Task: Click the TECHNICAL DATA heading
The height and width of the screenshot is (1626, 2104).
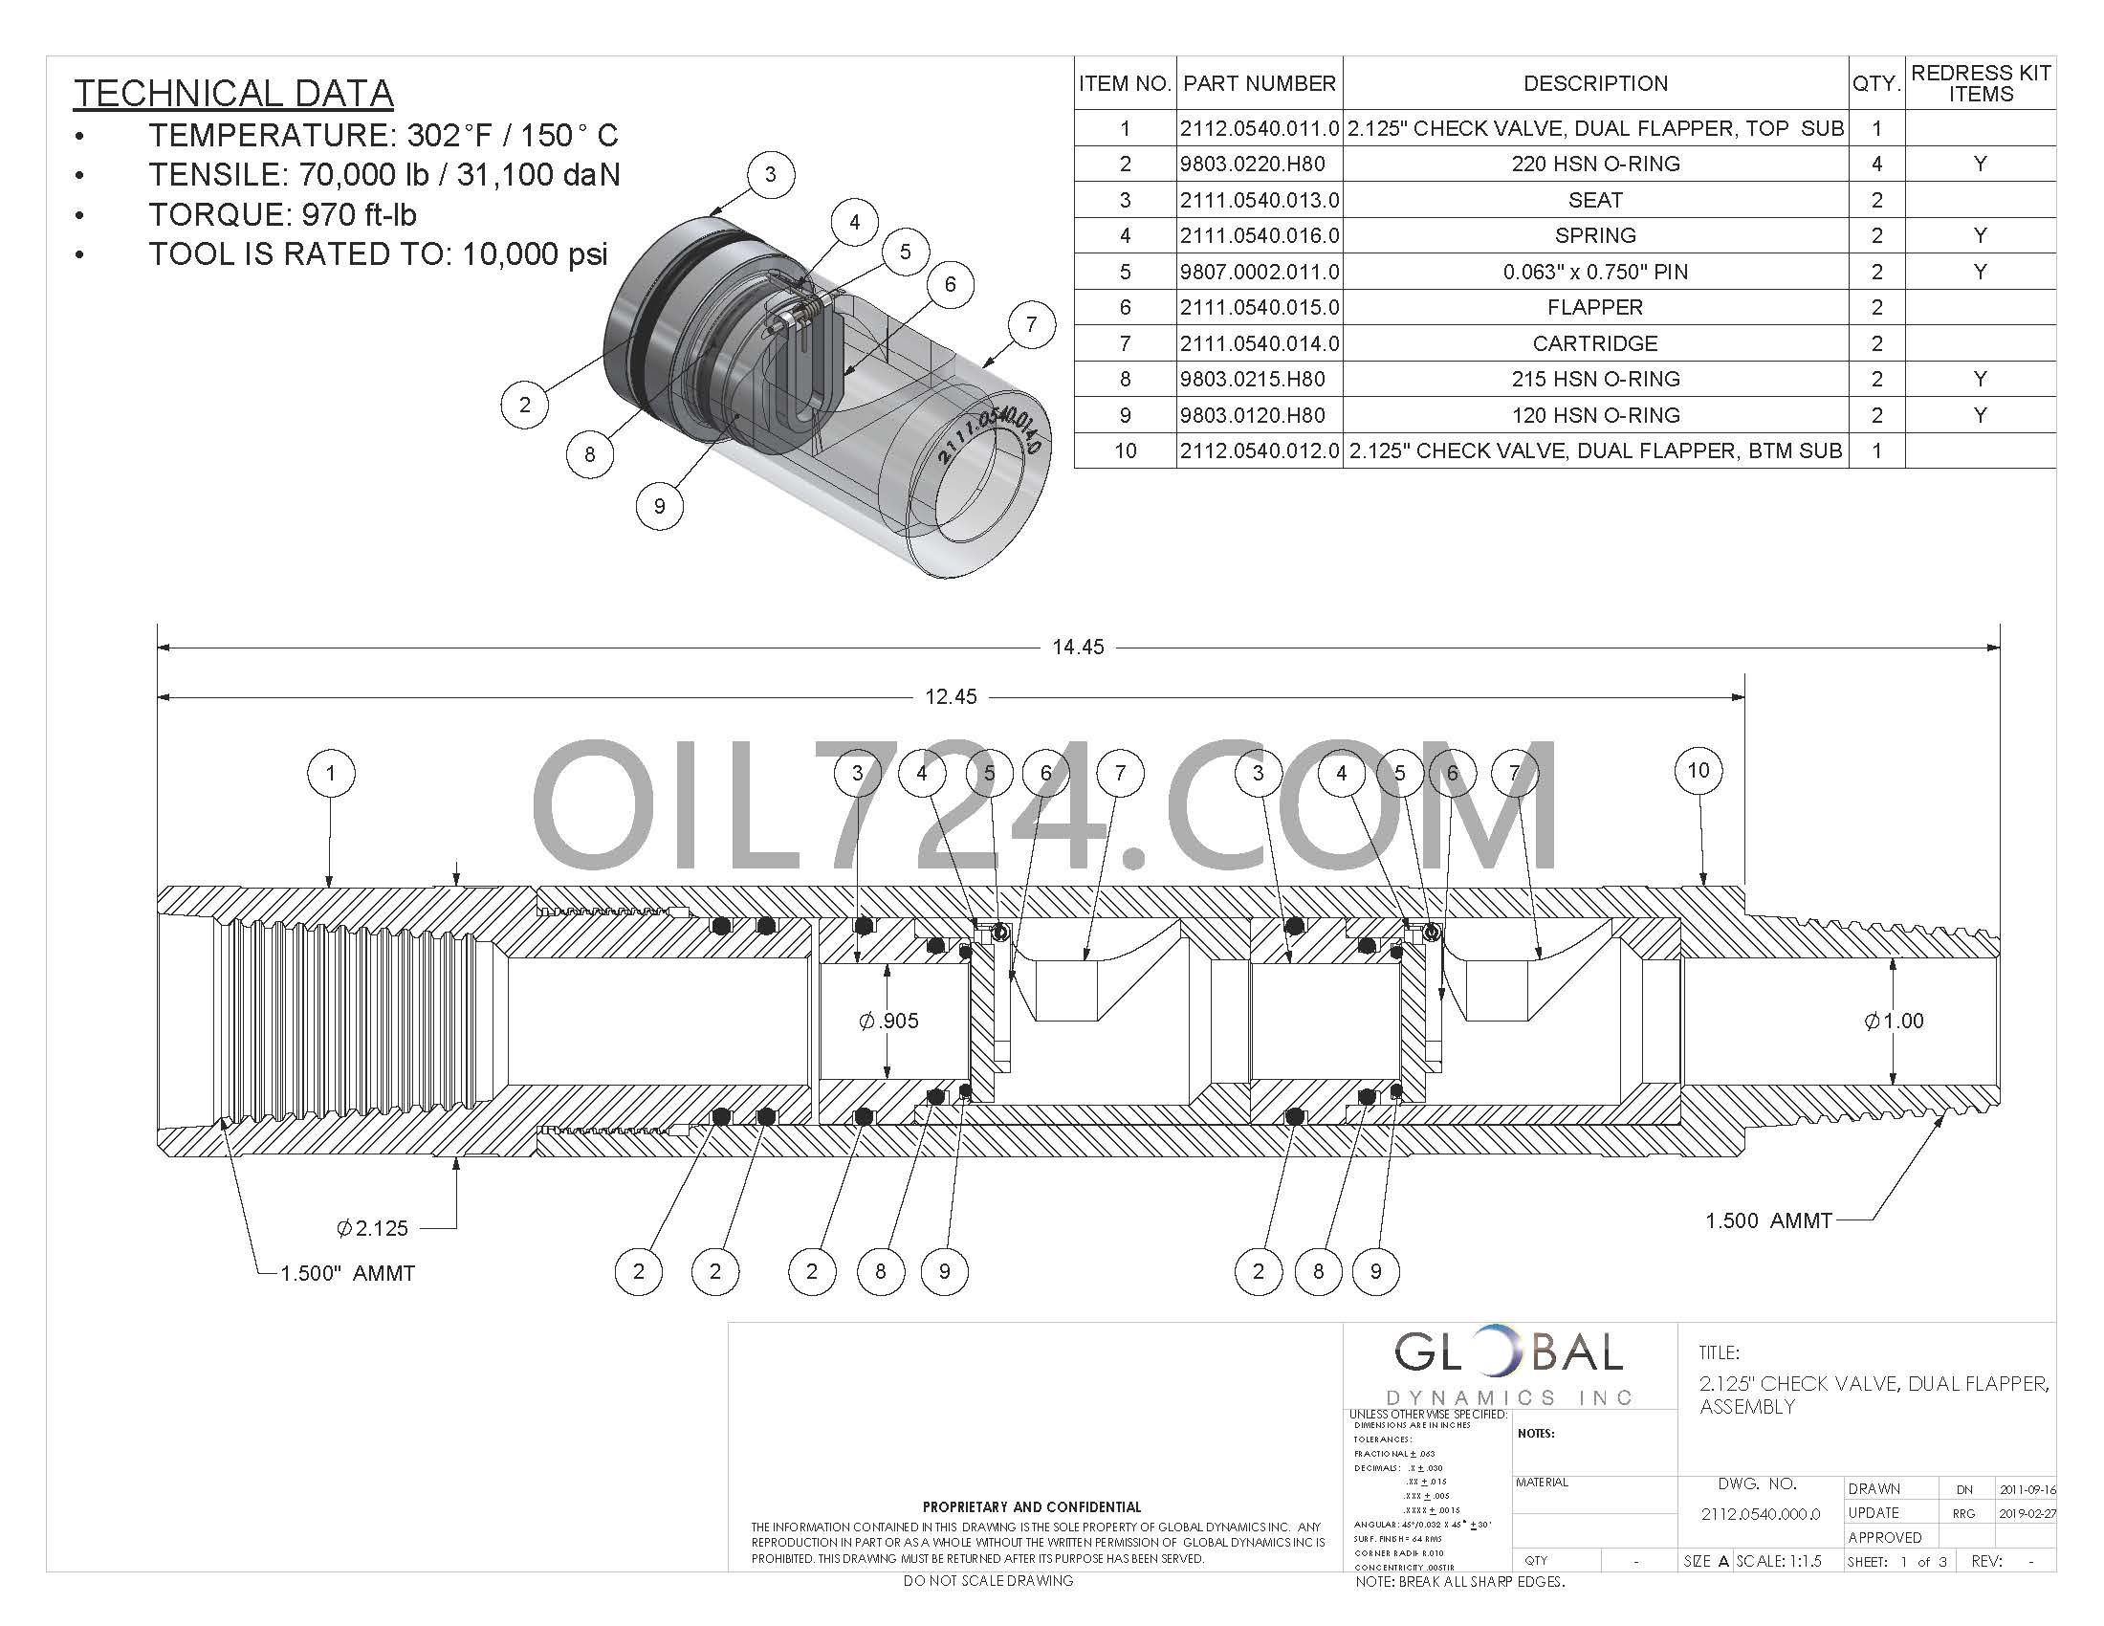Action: tap(233, 94)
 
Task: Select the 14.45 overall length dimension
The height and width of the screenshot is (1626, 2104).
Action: tap(1077, 648)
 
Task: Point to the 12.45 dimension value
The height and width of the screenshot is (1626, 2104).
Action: tap(950, 696)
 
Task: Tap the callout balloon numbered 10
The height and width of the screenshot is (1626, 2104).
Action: tap(1698, 771)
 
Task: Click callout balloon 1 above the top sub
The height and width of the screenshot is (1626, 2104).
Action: tap(331, 774)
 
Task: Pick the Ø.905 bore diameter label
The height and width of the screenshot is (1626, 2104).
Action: tap(888, 1021)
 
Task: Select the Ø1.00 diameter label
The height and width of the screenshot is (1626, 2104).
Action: tap(1894, 1021)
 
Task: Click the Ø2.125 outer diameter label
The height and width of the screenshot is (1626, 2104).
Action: tap(372, 1228)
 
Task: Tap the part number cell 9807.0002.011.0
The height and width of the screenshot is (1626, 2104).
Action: tap(1260, 272)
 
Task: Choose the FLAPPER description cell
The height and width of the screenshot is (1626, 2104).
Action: tap(1594, 307)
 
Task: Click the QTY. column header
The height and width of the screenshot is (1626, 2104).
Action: tap(1875, 84)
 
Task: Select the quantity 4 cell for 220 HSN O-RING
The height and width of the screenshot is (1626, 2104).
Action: tap(1875, 164)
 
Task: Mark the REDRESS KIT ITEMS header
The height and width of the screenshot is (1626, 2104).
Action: tap(1980, 84)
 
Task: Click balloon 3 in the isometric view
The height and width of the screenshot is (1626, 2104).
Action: tap(770, 175)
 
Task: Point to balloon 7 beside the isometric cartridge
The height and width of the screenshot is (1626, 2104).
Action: tap(1031, 324)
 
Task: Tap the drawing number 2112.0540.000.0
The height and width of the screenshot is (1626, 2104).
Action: tap(1760, 1513)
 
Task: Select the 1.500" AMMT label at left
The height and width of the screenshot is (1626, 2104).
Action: tap(347, 1273)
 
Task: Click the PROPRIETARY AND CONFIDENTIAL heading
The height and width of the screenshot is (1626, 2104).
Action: tap(1031, 1506)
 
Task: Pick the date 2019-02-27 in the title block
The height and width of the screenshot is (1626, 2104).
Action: tap(2027, 1513)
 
